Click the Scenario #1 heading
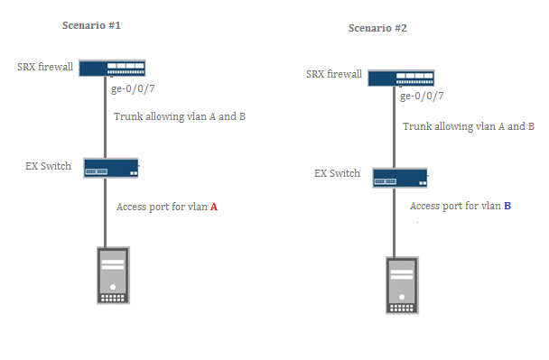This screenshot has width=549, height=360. (91, 25)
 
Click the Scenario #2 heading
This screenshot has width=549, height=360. (377, 28)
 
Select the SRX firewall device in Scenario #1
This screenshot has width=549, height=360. (112, 69)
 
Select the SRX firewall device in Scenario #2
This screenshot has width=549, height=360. (401, 78)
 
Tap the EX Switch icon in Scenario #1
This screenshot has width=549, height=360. (111, 168)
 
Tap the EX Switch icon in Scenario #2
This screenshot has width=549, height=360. (400, 178)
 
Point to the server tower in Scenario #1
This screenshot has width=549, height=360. (113, 275)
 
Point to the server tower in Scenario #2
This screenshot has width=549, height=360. (402, 285)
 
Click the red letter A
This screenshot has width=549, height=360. (214, 208)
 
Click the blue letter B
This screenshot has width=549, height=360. (507, 206)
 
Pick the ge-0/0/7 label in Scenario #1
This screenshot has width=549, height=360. (133, 88)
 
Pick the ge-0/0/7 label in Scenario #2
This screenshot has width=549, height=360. (422, 97)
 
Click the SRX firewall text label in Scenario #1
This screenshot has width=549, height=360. (45, 67)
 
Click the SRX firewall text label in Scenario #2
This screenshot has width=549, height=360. (334, 74)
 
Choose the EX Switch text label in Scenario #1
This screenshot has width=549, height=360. (49, 166)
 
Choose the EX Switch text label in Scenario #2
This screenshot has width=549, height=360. (337, 173)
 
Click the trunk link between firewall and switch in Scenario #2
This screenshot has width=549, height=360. (394, 127)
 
